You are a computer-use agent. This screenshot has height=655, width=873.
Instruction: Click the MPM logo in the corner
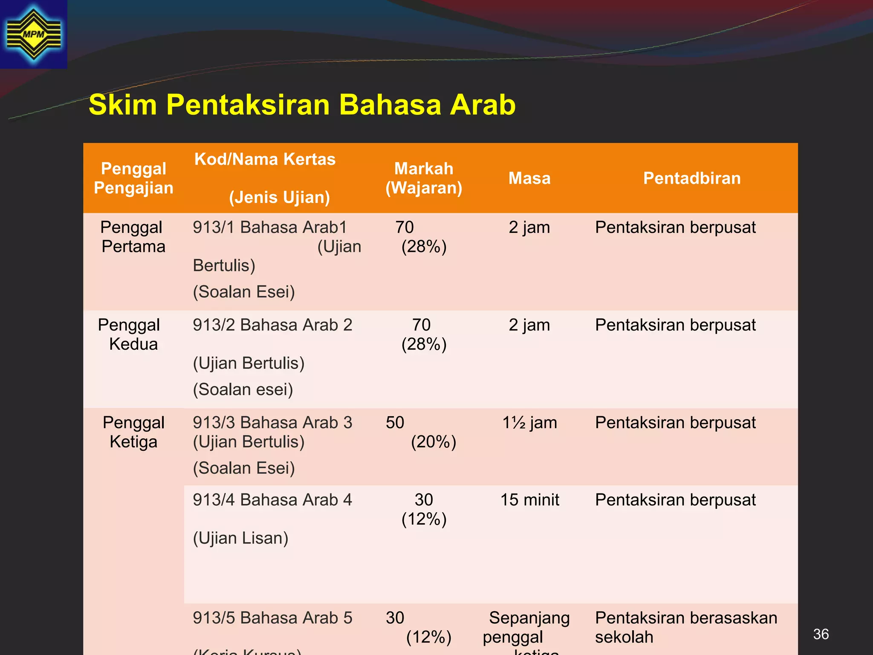click(33, 34)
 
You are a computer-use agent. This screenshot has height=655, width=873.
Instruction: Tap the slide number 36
click(821, 634)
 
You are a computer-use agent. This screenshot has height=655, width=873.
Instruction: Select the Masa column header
click(529, 178)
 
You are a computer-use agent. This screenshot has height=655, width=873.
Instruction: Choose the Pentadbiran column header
click(691, 178)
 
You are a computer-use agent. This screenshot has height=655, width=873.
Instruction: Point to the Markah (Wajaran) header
click(424, 178)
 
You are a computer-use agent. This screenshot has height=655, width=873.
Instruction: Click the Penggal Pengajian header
click(133, 178)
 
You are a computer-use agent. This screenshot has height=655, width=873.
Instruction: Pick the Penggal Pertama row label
click(133, 237)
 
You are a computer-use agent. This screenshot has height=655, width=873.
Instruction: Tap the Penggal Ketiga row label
click(133, 432)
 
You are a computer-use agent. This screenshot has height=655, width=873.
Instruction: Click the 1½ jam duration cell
click(529, 423)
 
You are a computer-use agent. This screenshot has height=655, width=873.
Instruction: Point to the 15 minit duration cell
click(529, 500)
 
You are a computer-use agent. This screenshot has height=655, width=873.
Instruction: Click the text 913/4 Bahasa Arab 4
click(272, 500)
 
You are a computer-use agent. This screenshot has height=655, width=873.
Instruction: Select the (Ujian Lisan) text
click(240, 538)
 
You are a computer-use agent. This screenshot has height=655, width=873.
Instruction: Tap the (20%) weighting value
click(433, 442)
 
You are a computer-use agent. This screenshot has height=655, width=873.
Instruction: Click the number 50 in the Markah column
click(395, 423)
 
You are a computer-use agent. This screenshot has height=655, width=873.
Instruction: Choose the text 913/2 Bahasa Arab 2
click(272, 325)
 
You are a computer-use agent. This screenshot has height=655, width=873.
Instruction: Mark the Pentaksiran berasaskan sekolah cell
click(685, 627)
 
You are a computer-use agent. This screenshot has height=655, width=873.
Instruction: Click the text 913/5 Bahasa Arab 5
click(272, 618)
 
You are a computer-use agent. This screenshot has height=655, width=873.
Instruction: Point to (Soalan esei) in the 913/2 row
click(243, 389)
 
